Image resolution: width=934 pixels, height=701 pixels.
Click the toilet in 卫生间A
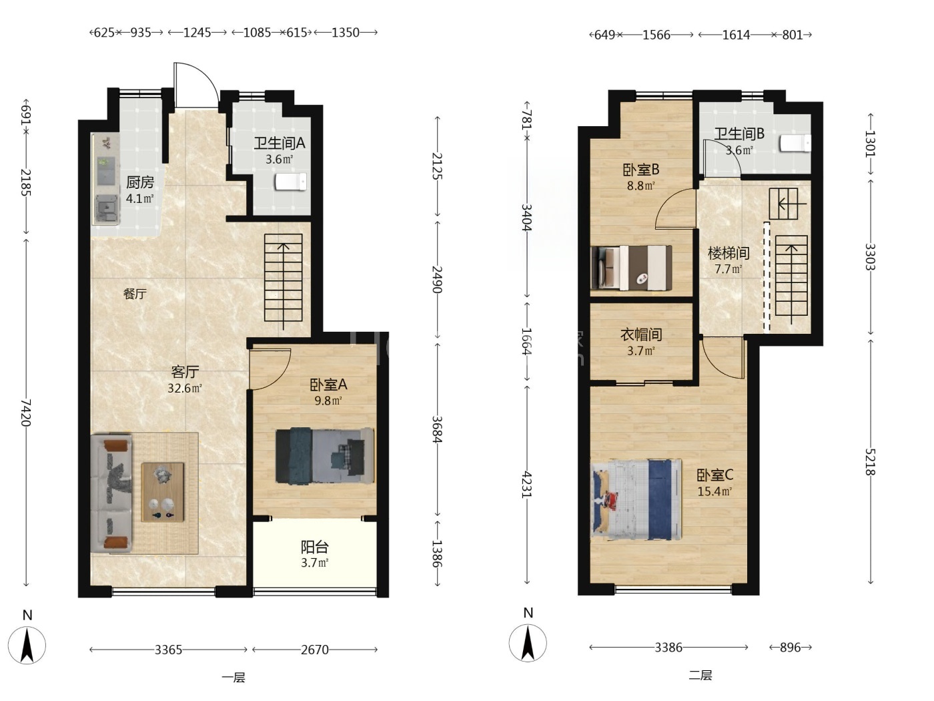click(x=291, y=182)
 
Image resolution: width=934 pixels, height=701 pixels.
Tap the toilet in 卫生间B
click(x=795, y=143)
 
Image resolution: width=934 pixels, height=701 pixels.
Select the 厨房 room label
click(x=139, y=182)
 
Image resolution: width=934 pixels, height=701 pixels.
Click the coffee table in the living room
click(x=163, y=492)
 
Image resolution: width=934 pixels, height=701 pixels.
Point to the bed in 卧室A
click(x=325, y=456)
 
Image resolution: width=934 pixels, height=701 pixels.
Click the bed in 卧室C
click(x=636, y=499)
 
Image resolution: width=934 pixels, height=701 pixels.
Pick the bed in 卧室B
click(x=632, y=268)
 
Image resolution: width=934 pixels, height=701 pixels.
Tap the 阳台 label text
click(x=315, y=547)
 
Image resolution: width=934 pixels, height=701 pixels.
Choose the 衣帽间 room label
click(x=641, y=334)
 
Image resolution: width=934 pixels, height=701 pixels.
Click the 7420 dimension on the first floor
click(x=25, y=412)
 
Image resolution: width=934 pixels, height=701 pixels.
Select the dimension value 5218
click(x=871, y=462)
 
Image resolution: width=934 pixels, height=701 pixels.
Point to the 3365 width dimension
click(x=169, y=650)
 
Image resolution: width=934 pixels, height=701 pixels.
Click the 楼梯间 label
click(x=729, y=253)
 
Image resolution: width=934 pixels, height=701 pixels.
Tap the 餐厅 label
click(x=135, y=294)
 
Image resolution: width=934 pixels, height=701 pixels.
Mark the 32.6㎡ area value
click(x=185, y=388)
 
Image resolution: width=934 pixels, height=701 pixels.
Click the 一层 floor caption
click(x=233, y=678)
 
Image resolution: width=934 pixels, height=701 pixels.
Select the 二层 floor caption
click(x=700, y=675)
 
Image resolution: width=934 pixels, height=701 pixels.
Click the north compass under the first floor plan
click(x=27, y=645)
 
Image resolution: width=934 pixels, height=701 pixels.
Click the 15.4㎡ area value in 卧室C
click(x=715, y=491)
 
